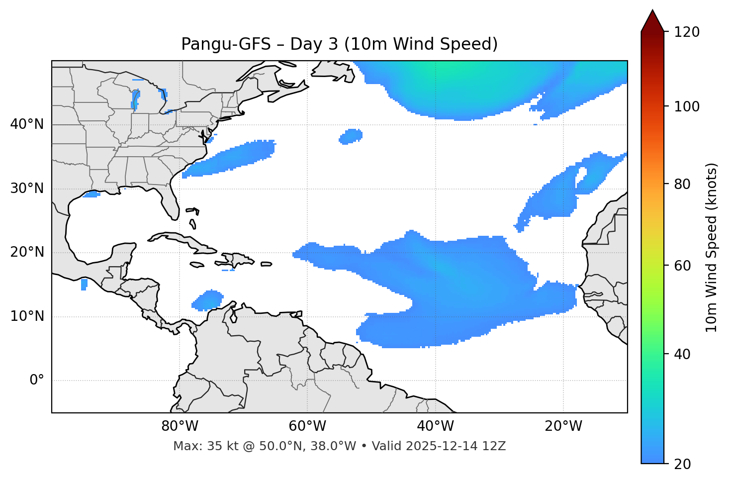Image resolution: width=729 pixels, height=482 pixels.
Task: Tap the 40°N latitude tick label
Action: pos(27,124)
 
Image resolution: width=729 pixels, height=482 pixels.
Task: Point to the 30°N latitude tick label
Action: pos(27,189)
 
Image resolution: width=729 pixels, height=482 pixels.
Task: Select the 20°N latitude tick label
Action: pos(27,252)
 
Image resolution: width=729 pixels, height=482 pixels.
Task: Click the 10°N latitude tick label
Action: pos(27,316)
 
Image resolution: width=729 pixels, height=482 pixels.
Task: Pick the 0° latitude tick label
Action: pos(37,381)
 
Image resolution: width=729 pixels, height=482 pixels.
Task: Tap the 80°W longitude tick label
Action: pos(180,426)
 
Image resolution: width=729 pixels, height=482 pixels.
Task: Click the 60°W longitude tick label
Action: pos(307,426)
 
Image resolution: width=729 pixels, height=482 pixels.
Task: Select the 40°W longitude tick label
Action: pos(435,426)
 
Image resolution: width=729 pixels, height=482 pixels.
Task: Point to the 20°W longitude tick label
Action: pos(563,426)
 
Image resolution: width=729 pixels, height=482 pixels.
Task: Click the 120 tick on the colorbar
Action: pos(688,32)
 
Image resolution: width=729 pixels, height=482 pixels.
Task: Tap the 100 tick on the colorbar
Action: pos(688,107)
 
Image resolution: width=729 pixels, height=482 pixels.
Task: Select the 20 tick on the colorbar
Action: pos(682,464)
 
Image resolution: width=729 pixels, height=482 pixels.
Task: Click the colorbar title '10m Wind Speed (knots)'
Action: pos(712,248)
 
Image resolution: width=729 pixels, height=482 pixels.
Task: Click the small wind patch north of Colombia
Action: pos(207,300)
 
